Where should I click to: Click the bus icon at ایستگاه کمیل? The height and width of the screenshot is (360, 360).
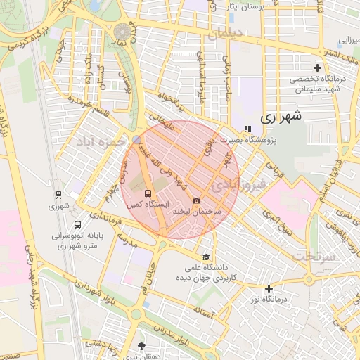point(148,192)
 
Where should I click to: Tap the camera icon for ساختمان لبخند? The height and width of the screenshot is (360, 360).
point(195,201)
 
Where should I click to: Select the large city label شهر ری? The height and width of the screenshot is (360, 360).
point(281,118)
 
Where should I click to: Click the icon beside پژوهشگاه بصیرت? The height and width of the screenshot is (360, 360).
point(247,129)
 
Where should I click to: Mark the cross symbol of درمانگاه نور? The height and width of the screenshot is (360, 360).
point(269,288)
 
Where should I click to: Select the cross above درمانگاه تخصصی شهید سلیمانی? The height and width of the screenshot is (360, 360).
point(317,68)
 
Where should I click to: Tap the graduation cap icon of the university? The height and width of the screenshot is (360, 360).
point(205,257)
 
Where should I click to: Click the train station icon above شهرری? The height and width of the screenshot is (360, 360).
point(56,195)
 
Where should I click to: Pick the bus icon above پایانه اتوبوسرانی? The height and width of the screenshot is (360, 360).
point(56,226)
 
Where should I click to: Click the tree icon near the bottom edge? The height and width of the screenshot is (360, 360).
point(143,346)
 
